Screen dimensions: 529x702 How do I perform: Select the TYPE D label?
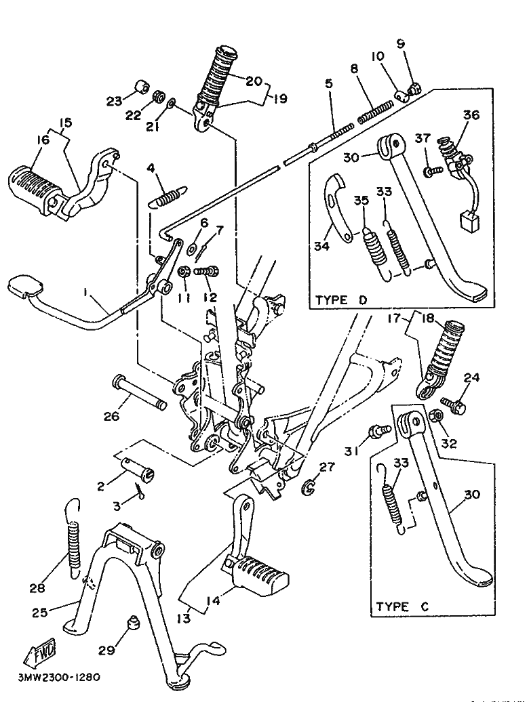point(341,300)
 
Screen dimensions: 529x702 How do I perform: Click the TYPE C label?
point(402,606)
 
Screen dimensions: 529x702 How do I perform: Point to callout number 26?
point(111,416)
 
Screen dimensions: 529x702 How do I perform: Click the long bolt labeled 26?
point(139,392)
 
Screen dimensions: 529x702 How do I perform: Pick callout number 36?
point(471,115)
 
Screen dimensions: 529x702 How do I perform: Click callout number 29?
point(106,650)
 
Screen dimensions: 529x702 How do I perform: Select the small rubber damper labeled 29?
point(133,623)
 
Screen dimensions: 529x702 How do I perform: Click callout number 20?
point(253,81)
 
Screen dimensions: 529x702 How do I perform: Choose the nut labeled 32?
point(435,416)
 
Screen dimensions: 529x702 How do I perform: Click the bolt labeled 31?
point(378,432)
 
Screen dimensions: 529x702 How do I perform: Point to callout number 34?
point(322,245)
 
